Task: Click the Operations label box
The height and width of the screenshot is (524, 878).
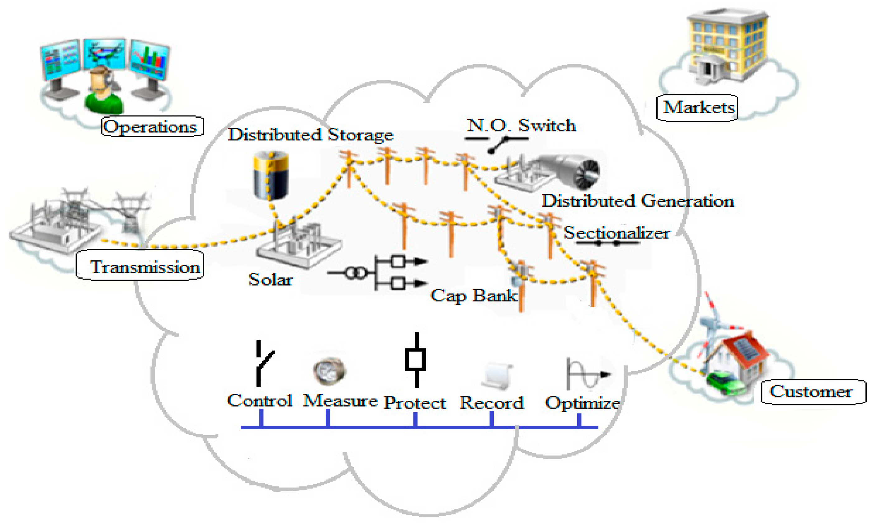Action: pyautogui.click(x=153, y=126)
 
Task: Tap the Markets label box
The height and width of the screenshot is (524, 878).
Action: pyautogui.click(x=697, y=108)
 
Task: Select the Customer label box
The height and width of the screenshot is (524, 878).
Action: pyautogui.click(x=812, y=392)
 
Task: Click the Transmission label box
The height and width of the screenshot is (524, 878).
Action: pyautogui.click(x=140, y=265)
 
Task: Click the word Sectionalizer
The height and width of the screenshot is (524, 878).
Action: pyautogui.click(x=616, y=233)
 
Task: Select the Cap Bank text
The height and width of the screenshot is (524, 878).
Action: pyautogui.click(x=473, y=295)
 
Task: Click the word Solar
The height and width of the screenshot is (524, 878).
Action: pyautogui.click(x=271, y=280)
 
